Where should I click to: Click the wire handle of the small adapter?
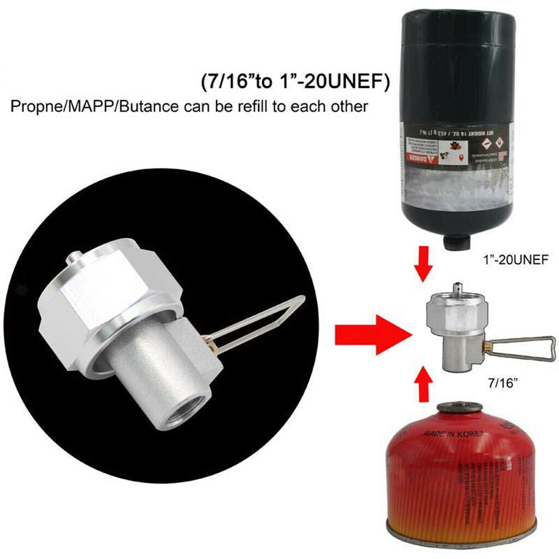click(x=524, y=349)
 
